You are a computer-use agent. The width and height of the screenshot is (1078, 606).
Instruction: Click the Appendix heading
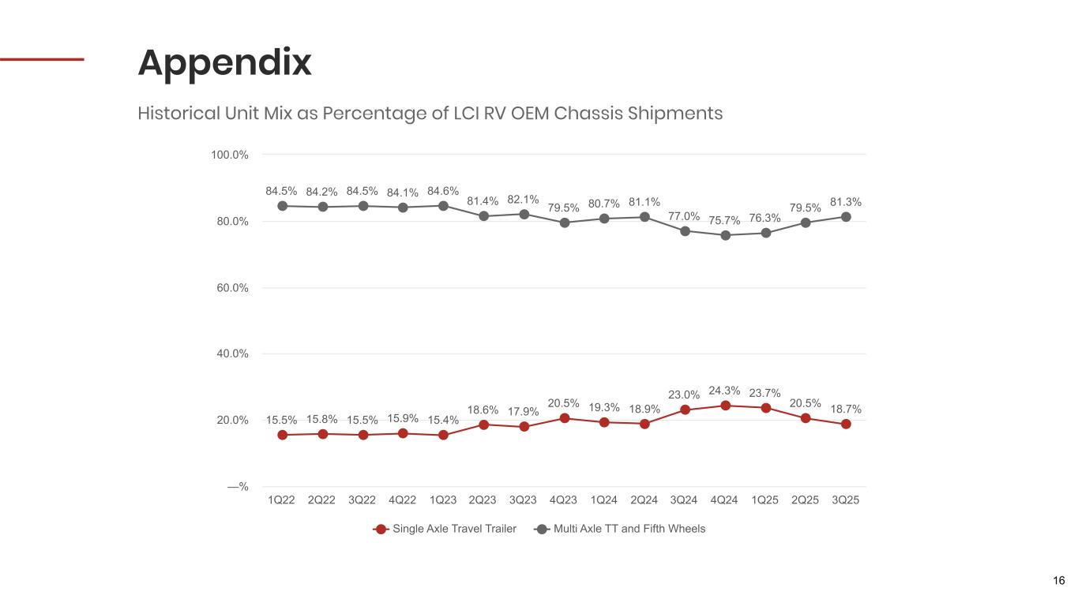coord(225,63)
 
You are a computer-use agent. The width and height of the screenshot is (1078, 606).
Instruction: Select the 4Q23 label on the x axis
coord(564,499)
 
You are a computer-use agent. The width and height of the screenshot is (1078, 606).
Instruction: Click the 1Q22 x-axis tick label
coord(282,499)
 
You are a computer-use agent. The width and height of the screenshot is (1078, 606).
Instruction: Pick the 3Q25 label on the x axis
coord(846,499)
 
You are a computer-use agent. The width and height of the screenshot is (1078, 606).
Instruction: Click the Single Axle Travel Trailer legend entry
coord(454,529)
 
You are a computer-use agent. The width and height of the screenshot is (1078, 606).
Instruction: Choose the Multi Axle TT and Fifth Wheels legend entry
coord(629,529)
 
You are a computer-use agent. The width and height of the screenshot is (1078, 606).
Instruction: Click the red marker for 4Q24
coord(725,406)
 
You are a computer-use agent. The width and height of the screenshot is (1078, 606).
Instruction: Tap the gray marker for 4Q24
coord(725,235)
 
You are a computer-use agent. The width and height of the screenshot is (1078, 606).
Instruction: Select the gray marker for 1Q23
coord(443,206)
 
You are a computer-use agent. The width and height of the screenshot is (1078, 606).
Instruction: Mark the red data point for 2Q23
coord(483,425)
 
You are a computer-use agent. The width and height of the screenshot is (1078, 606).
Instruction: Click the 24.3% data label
coord(725,390)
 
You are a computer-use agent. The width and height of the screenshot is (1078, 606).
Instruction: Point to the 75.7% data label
coord(725,219)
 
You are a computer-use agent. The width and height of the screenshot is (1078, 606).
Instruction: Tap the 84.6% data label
coord(443,190)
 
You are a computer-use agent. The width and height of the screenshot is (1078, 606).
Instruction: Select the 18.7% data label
coord(846,409)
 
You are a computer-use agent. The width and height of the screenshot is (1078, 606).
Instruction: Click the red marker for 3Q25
coord(846,424)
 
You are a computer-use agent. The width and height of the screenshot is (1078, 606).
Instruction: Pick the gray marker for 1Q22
coord(282,206)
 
